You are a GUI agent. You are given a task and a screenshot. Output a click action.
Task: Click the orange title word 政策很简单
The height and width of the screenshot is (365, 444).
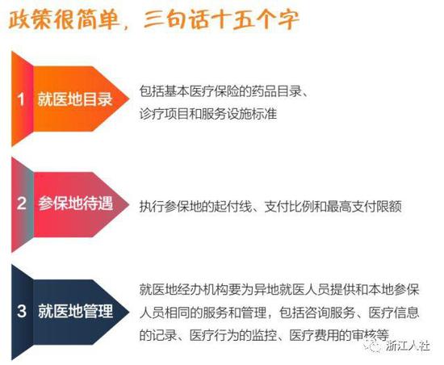pyautogui.click(x=64, y=20)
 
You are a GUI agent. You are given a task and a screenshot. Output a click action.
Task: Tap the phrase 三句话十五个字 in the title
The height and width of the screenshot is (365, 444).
pyautogui.click(x=221, y=20)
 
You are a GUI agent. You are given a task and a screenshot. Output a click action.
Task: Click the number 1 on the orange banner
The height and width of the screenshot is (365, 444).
pyautogui.click(x=21, y=99)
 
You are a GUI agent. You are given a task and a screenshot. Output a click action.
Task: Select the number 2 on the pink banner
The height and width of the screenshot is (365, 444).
pyautogui.click(x=22, y=203)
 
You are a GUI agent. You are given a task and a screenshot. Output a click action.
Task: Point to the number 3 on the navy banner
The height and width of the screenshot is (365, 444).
pyautogui.click(x=22, y=311)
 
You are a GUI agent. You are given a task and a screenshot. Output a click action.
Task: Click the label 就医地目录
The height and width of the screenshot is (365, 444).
pyautogui.click(x=75, y=99)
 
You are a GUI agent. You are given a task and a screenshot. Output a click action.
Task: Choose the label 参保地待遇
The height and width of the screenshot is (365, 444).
pyautogui.click(x=76, y=203)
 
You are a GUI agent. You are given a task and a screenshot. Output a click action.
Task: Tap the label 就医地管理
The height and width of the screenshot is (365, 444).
pyautogui.click(x=76, y=311)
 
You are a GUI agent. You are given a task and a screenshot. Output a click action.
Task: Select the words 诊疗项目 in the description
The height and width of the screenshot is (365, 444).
pyautogui.click(x=164, y=114)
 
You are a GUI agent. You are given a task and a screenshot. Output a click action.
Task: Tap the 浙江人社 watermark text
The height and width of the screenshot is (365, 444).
pyautogui.click(x=408, y=346)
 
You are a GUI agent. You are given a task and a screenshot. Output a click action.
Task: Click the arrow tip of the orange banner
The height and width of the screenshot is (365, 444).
pyautogui.click(x=129, y=99)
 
